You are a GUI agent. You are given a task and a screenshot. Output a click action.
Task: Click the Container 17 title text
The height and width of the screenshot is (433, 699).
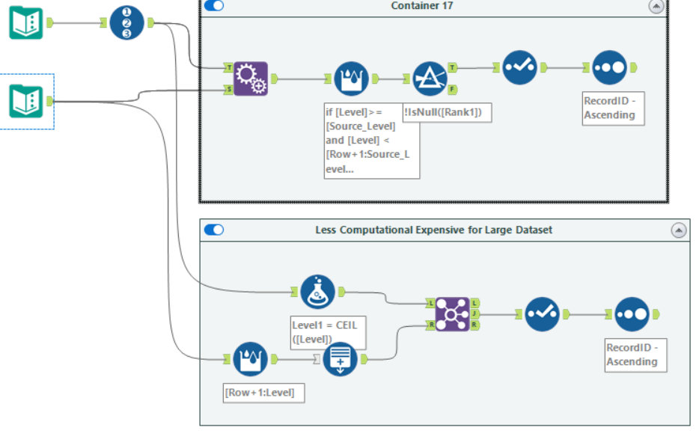pyautogui.click(x=421, y=6)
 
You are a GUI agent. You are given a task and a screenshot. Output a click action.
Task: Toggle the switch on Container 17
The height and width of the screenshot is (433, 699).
pyautogui.click(x=214, y=5)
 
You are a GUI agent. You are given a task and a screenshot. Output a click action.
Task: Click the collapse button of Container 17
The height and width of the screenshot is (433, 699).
pyautogui.click(x=656, y=6)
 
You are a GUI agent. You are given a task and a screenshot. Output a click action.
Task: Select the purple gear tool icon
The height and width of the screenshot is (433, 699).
pyautogui.click(x=251, y=79)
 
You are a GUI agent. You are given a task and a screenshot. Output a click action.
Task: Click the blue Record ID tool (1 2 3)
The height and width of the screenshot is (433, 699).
pyautogui.click(x=126, y=22)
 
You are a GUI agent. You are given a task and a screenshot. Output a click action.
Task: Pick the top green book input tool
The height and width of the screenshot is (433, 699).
pyautogui.click(x=26, y=22)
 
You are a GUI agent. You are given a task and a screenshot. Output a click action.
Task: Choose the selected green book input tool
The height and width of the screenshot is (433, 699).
pyautogui.click(x=26, y=101)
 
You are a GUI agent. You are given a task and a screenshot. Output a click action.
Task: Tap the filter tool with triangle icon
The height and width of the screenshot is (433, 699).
pyautogui.click(x=429, y=79)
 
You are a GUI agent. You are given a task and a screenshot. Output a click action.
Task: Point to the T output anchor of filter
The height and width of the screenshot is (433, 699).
pyautogui.click(x=453, y=67)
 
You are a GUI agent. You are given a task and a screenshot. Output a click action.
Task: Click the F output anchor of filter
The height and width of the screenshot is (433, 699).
pyautogui.click(x=453, y=89)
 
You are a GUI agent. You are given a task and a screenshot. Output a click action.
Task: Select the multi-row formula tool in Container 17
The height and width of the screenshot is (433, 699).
pyautogui.click(x=351, y=79)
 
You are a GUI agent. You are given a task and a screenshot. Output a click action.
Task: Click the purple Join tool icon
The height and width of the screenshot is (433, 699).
pyautogui.click(x=452, y=314)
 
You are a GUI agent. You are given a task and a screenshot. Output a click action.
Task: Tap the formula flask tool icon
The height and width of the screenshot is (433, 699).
pyautogui.click(x=317, y=292)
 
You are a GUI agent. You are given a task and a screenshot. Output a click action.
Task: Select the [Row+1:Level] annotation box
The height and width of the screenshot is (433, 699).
pyautogui.click(x=264, y=392)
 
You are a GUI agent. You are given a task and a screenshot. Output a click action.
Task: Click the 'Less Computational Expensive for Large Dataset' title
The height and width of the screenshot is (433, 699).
pyautogui.click(x=434, y=230)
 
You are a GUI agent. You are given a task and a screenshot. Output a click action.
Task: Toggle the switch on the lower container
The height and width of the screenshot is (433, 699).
pyautogui.click(x=214, y=230)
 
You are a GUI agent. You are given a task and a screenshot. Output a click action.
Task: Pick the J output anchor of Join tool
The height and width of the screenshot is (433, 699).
pyautogui.click(x=475, y=314)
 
